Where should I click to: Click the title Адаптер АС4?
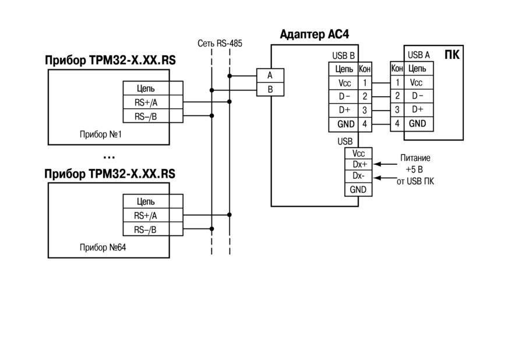click(314, 34)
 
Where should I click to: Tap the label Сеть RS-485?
click(220, 44)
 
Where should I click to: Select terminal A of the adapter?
click(270, 76)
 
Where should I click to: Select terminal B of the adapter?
click(270, 90)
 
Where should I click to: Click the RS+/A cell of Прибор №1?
click(146, 103)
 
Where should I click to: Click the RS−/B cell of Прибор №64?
click(146, 230)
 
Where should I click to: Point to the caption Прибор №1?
click(101, 134)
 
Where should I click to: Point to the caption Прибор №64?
click(103, 248)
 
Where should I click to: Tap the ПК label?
click(452, 55)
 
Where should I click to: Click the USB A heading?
click(419, 55)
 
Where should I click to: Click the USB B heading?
click(343, 56)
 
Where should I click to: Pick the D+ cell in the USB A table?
click(418, 110)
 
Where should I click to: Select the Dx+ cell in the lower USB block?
click(358, 164)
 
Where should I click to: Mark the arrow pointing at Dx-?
click(384, 178)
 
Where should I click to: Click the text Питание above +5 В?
click(415, 158)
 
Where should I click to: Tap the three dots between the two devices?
click(109, 158)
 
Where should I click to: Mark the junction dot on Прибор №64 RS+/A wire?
click(230, 214)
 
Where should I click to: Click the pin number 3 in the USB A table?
click(397, 110)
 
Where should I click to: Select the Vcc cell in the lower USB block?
click(358, 153)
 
